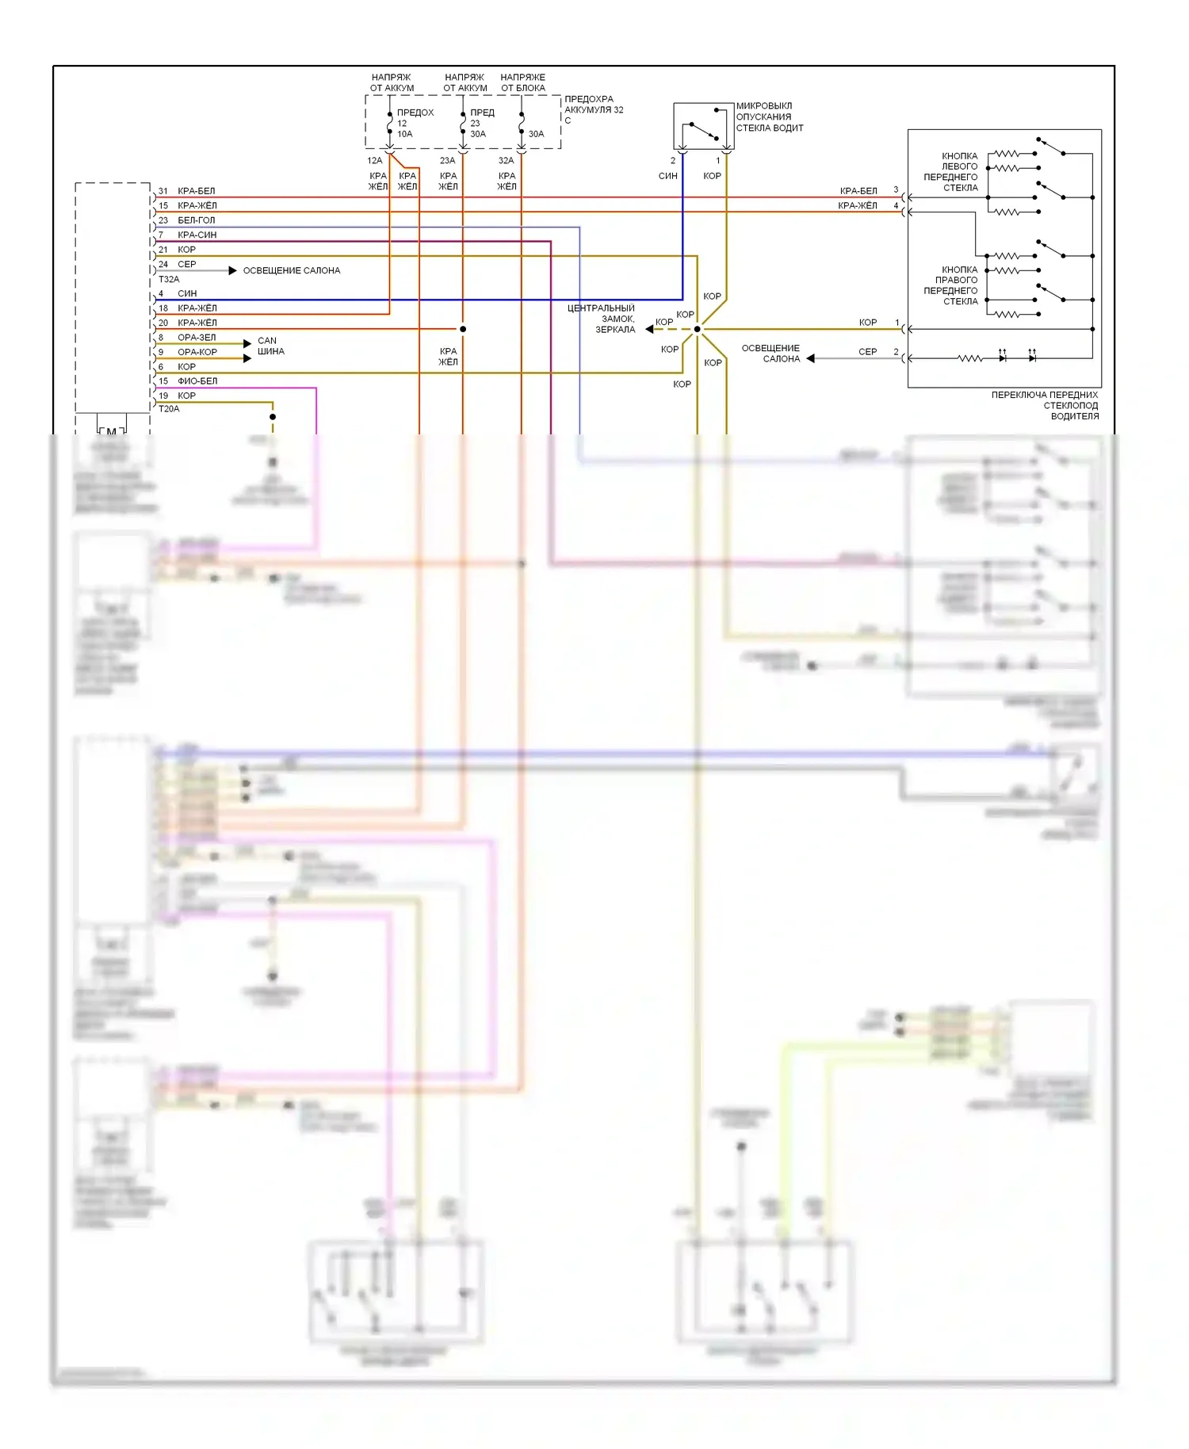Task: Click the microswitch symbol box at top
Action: pyautogui.click(x=703, y=126)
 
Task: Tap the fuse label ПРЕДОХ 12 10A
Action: pyautogui.click(x=415, y=124)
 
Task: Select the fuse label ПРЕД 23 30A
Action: pyautogui.click(x=481, y=124)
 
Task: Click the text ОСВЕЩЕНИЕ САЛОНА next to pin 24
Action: pyautogui.click(x=291, y=271)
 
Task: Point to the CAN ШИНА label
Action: pyautogui.click(x=270, y=346)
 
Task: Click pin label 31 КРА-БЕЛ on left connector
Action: pyautogui.click(x=187, y=191)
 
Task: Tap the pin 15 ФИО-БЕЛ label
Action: pyautogui.click(x=188, y=381)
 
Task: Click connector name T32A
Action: pyautogui.click(x=169, y=280)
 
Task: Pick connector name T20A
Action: pyautogui.click(x=169, y=409)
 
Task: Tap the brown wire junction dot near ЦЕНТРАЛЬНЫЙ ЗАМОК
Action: pyautogui.click(x=698, y=329)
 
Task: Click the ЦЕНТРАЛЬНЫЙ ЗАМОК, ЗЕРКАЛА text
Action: pyautogui.click(x=602, y=319)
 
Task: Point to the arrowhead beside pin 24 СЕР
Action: pyautogui.click(x=232, y=271)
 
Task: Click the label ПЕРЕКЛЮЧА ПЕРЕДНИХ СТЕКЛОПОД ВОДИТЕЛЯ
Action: pyautogui.click(x=1045, y=405)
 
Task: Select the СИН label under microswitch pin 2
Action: pyautogui.click(x=667, y=176)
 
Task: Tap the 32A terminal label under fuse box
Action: pyautogui.click(x=506, y=161)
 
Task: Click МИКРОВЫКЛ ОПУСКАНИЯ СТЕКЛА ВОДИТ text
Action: pyautogui.click(x=769, y=117)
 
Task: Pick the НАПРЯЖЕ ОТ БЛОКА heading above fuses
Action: pyautogui.click(x=522, y=82)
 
